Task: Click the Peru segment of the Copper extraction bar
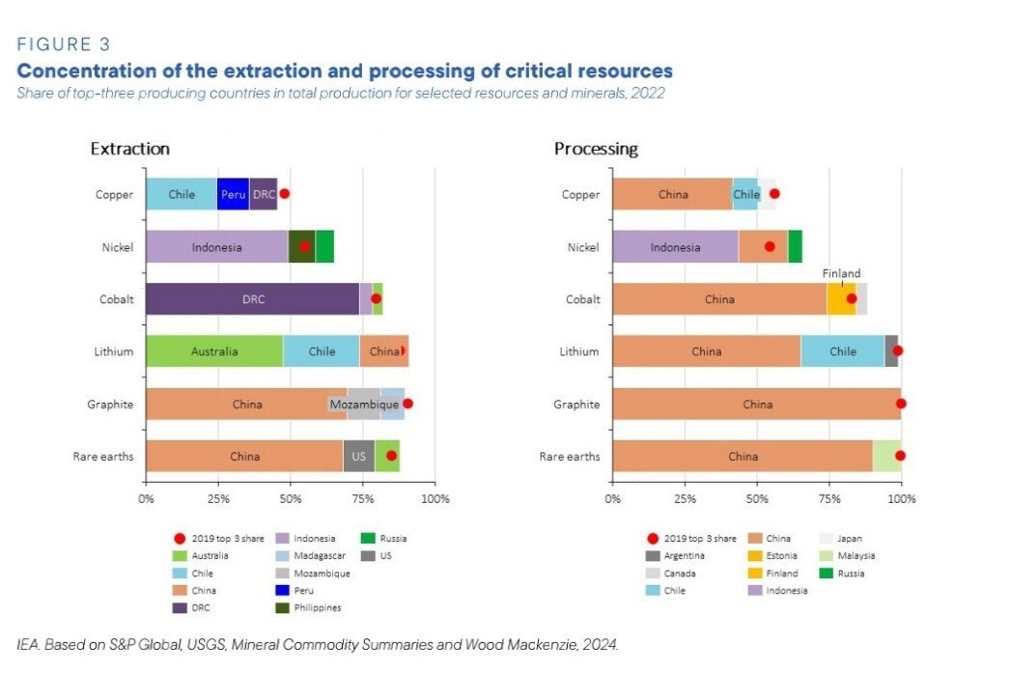233,194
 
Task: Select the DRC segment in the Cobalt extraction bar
252,299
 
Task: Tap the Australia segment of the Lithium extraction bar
214,351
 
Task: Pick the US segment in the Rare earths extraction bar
358,456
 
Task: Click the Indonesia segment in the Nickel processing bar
675,247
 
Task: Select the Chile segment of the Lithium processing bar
842,351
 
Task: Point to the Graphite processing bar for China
757,404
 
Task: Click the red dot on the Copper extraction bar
284,194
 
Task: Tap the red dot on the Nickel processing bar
770,246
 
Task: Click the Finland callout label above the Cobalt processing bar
841,273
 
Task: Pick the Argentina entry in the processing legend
684,555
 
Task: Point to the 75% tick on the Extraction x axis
363,499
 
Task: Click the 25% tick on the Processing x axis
685,499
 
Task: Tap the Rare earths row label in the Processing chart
569,456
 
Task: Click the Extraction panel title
129,149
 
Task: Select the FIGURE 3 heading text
64,44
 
